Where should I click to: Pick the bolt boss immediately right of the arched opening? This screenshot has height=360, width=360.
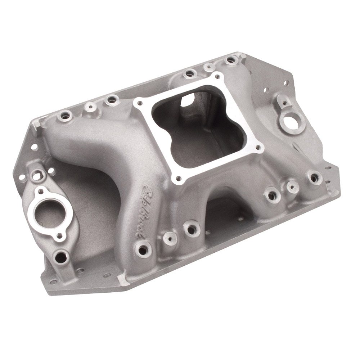[x=271, y=195]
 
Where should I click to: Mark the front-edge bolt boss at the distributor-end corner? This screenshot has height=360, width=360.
[x=315, y=177]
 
